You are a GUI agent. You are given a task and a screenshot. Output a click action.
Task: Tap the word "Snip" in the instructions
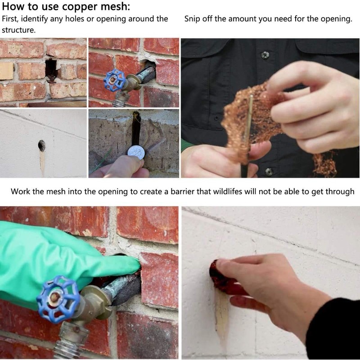click(x=192, y=19)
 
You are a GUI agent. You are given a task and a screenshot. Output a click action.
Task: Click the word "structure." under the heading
click(x=19, y=30)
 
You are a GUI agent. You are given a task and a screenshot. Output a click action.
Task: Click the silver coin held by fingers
click(x=136, y=153)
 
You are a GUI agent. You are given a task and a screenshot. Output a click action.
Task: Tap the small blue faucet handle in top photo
click(x=114, y=80)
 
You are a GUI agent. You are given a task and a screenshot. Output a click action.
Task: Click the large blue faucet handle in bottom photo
click(x=58, y=299)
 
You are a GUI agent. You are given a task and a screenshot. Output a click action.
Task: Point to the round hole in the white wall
click(x=41, y=145)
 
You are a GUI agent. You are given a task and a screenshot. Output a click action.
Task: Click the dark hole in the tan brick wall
click(x=51, y=69)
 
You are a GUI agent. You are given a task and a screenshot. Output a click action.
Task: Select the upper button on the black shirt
click(x=265, y=55)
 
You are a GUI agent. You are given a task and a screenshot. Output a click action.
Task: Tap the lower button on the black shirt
click(x=269, y=171)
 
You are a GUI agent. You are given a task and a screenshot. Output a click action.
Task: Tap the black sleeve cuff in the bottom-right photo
click(x=333, y=328)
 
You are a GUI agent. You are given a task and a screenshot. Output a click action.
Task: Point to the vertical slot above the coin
click(x=136, y=129)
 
